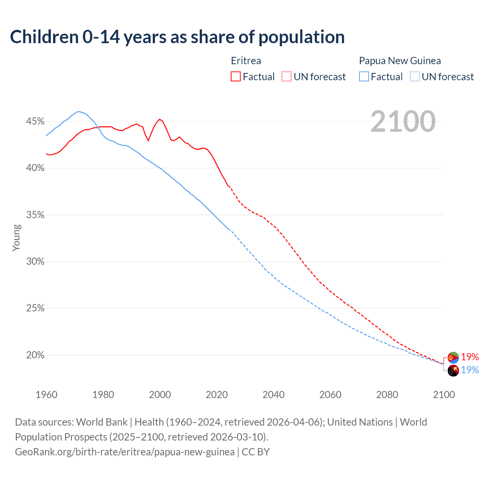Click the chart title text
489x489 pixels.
[177, 37]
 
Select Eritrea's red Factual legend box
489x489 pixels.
[236, 77]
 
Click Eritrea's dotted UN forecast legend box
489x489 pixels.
[287, 77]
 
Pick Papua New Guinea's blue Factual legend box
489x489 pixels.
[364, 77]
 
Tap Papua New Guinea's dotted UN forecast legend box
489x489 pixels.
[415, 77]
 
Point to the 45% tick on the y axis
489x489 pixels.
[35, 121]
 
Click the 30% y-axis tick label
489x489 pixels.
[35, 262]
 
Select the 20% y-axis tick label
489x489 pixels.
[35, 355]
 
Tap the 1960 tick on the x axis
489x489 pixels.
[46, 395]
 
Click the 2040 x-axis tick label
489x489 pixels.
[274, 395]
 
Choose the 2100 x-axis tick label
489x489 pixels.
[444, 395]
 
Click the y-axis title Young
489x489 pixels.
[16, 238]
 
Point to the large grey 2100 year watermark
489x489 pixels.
[403, 121]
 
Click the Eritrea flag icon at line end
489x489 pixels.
[453, 358]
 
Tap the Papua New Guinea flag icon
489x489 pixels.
[453, 371]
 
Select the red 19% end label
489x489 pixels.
[470, 357]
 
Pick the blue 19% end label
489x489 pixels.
[470, 370]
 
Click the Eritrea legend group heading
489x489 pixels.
[246, 61]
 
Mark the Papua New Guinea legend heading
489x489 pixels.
[400, 61]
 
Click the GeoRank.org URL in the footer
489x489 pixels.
[125, 452]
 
